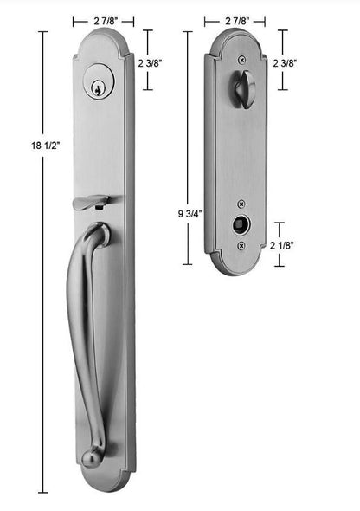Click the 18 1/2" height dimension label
[x=46, y=145]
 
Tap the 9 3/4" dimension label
[x=190, y=214]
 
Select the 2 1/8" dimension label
[x=282, y=245]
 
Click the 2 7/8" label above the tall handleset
[x=106, y=22]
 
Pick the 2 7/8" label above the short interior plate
[x=237, y=21]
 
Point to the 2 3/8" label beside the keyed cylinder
[x=150, y=63]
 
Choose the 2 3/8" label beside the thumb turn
[x=285, y=63]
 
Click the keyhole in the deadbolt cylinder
[x=97, y=87]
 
